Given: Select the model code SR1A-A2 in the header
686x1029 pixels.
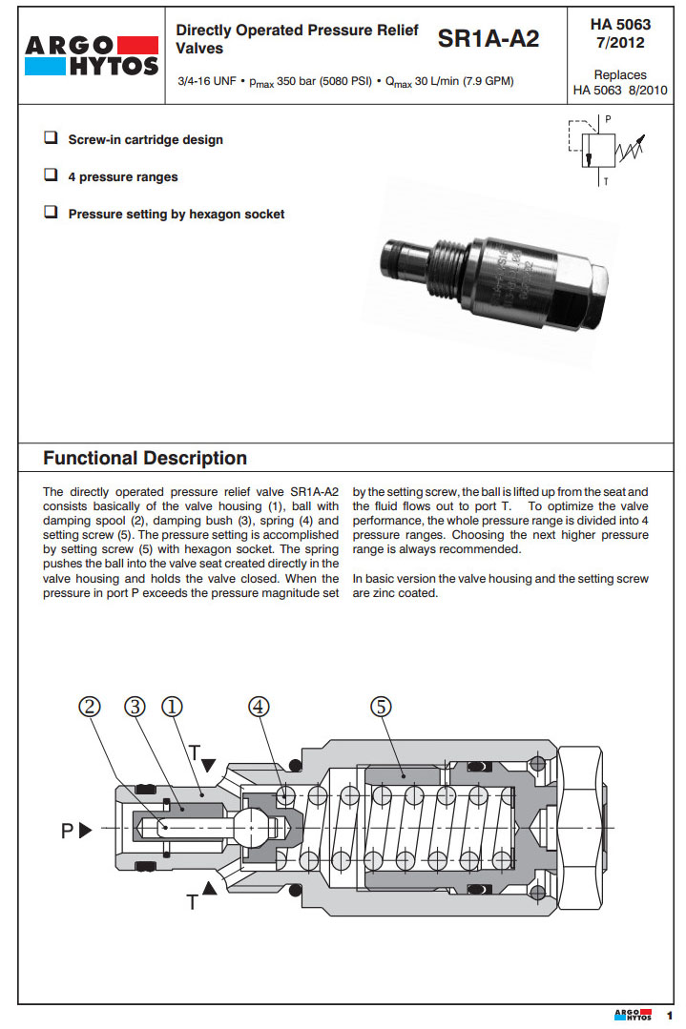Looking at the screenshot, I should coord(488,39).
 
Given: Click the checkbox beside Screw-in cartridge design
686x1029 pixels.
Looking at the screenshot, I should coord(51,138).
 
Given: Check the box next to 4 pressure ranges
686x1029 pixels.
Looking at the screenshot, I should coord(51,175).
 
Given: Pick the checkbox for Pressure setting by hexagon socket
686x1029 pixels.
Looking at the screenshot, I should coord(51,213).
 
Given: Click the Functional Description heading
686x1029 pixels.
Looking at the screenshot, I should coord(145,458).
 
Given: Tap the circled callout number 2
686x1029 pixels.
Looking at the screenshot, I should coord(90,707).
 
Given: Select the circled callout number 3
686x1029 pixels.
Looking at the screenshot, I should coord(136,707).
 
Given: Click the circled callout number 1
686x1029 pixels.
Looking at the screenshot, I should coord(173,707).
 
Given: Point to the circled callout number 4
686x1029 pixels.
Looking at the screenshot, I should coord(259,707).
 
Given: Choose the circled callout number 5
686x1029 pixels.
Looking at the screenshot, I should coord(381,707).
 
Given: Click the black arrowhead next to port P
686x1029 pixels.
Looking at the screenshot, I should coord(85,830).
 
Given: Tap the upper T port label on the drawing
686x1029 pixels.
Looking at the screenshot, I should coord(195,751).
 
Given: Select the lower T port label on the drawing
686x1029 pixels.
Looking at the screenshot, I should coord(193,901).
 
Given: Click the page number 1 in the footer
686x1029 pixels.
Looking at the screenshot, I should coord(669,1015).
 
